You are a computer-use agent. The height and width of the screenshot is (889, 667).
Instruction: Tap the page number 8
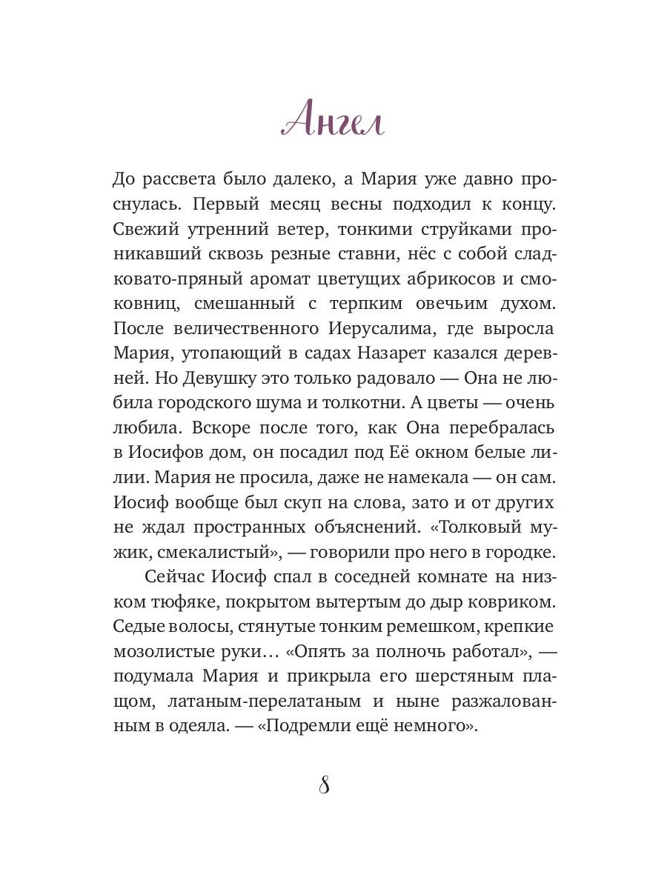coord(324,785)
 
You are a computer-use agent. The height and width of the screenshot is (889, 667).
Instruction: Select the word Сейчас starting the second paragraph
coord(173,579)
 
